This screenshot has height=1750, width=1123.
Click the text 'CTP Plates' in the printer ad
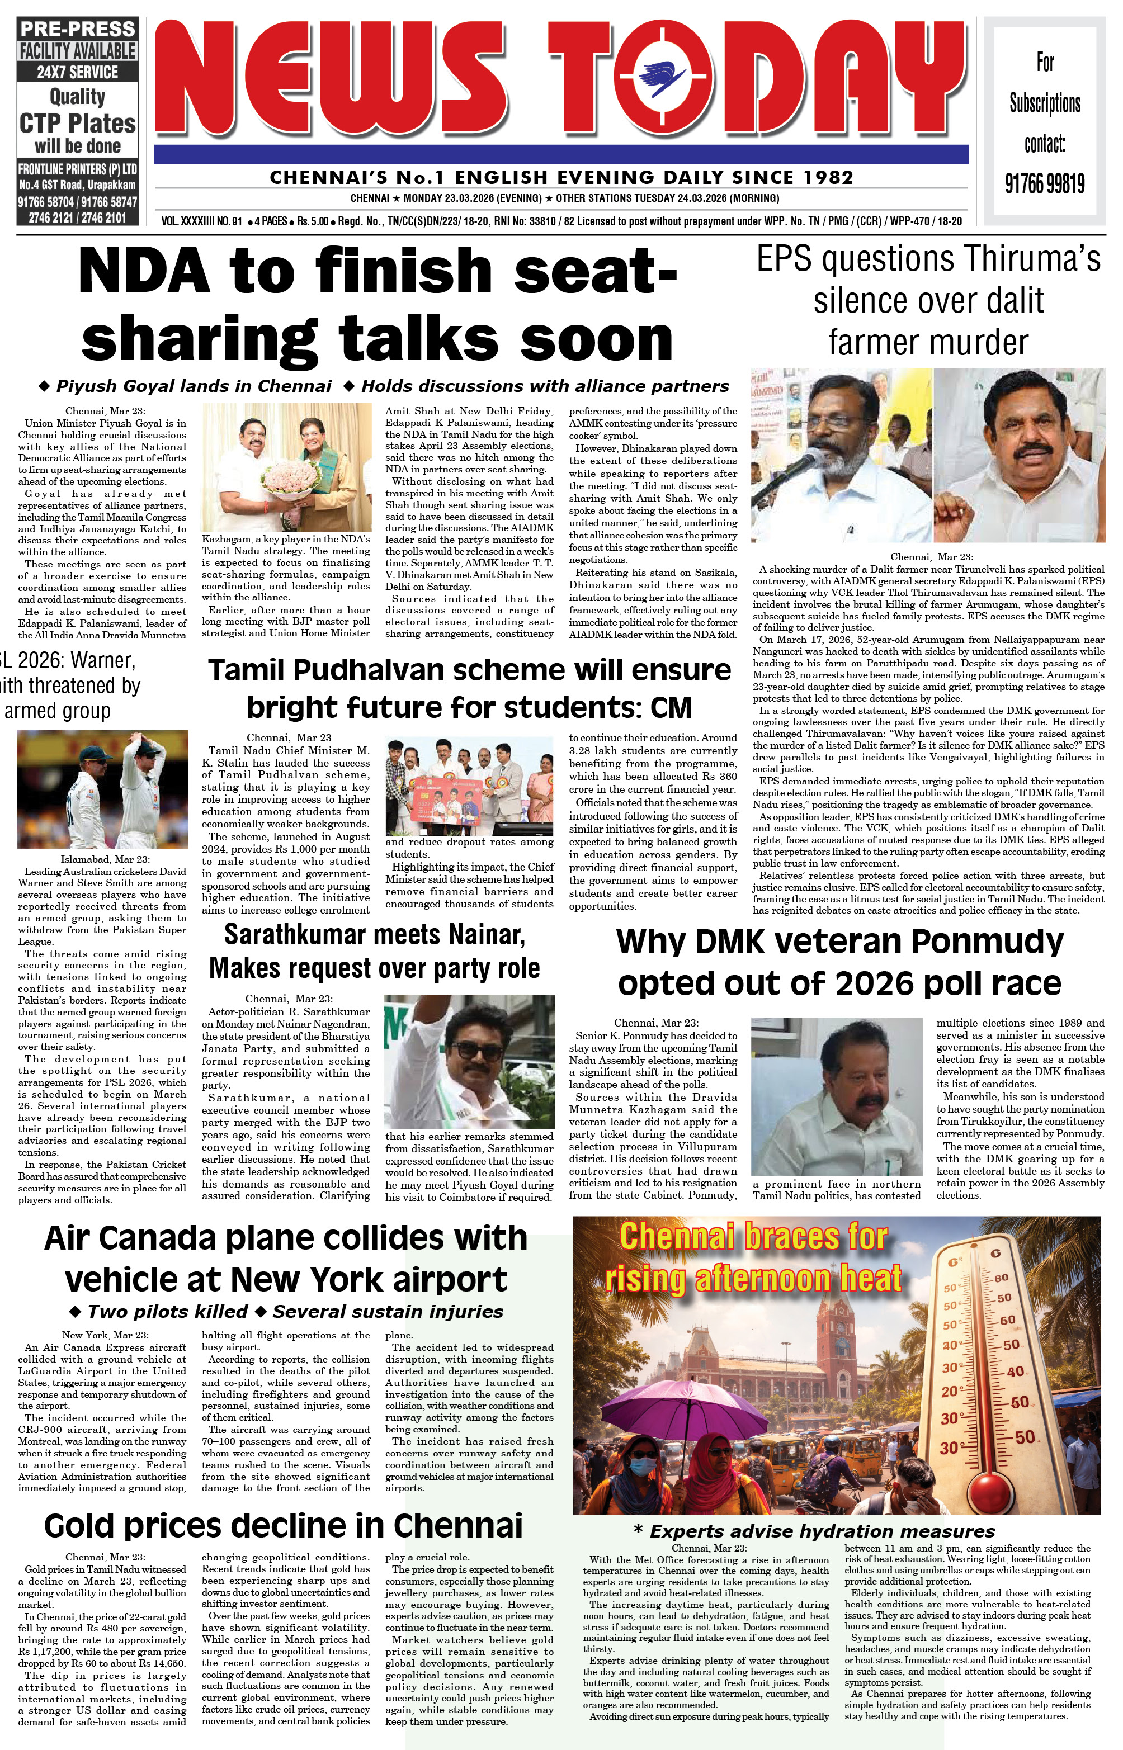tap(77, 122)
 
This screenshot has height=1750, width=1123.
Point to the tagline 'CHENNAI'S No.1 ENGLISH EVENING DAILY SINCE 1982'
tap(561, 177)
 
